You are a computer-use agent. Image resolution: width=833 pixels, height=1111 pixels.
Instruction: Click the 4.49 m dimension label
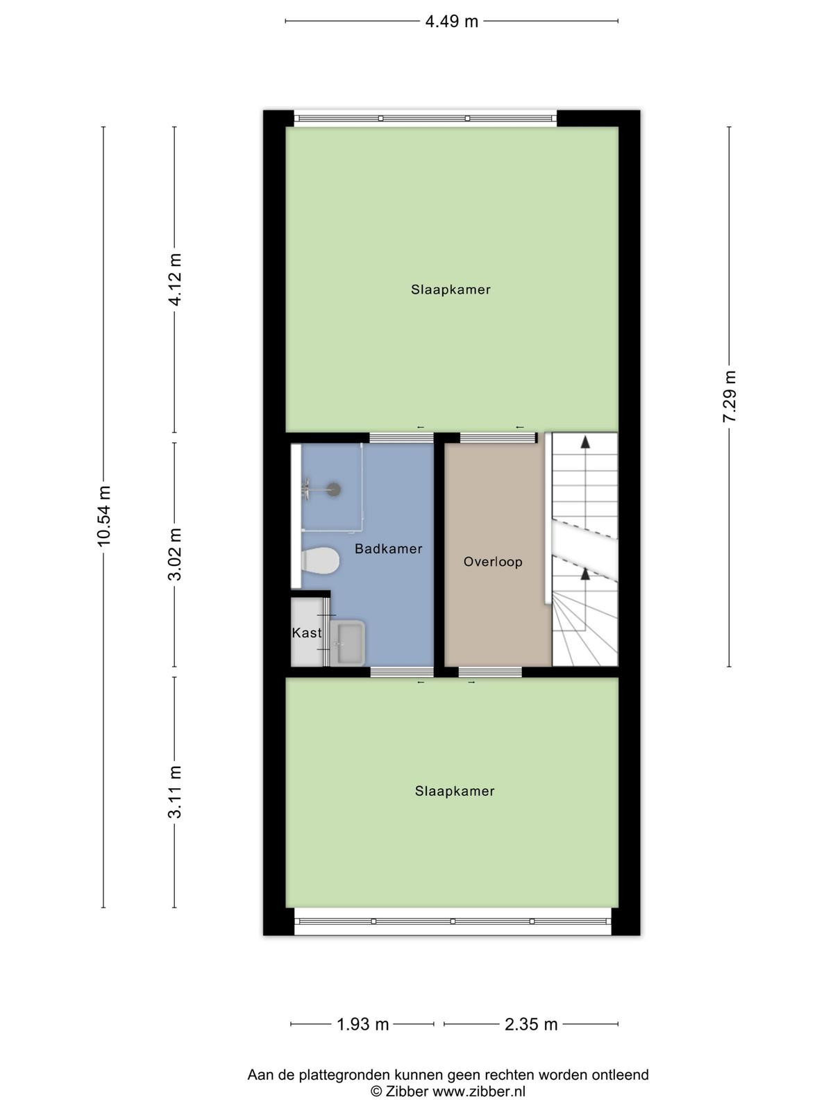pyautogui.click(x=451, y=22)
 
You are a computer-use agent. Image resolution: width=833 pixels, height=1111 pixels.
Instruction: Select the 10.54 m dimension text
pyautogui.click(x=103, y=517)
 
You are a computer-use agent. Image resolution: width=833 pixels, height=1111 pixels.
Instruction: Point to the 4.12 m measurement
pyautogui.click(x=175, y=279)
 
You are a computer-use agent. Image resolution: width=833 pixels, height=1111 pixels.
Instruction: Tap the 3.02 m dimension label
pyautogui.click(x=175, y=553)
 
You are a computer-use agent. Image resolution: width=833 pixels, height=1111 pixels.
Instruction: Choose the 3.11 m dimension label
pyautogui.click(x=175, y=792)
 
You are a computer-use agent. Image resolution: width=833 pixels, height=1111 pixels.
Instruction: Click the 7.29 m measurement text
pyautogui.click(x=730, y=396)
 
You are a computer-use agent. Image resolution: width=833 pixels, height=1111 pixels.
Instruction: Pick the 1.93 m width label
pyautogui.click(x=362, y=1024)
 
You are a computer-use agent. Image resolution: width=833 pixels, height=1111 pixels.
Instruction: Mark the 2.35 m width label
pyautogui.click(x=531, y=1024)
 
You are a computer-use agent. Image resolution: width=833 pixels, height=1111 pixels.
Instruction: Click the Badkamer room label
pyautogui.click(x=389, y=549)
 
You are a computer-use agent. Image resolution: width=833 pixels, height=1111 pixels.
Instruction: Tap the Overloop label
pyautogui.click(x=493, y=562)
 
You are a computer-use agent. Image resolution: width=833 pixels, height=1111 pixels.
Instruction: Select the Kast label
pyautogui.click(x=307, y=633)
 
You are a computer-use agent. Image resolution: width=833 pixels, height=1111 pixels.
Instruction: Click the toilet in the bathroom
pyautogui.click(x=320, y=560)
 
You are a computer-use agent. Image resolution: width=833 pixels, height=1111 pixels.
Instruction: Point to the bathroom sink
pyautogui.click(x=348, y=643)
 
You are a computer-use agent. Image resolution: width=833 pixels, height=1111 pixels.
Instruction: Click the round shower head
pyautogui.click(x=333, y=490)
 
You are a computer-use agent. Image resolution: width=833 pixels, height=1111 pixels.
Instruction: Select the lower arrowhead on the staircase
pyautogui.click(x=585, y=574)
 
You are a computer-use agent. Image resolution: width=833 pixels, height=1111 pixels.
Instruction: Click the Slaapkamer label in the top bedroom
pyautogui.click(x=451, y=290)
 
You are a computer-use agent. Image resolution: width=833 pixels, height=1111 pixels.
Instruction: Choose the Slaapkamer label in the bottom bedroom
pyautogui.click(x=455, y=791)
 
